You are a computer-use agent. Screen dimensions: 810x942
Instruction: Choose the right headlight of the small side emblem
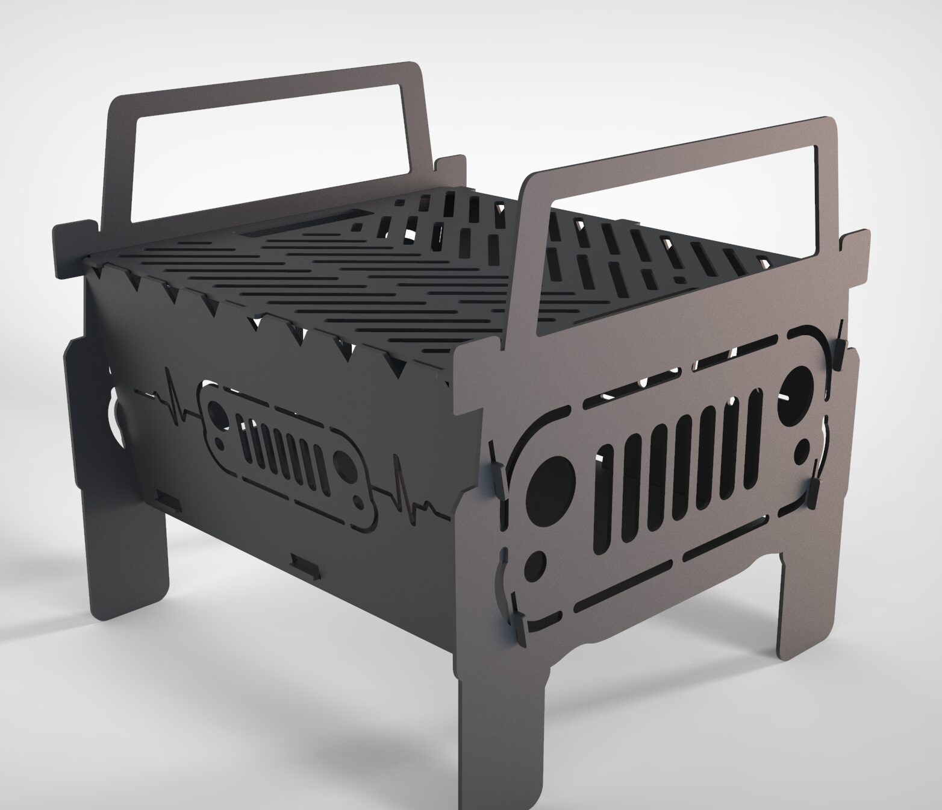pyautogui.click(x=344, y=465)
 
